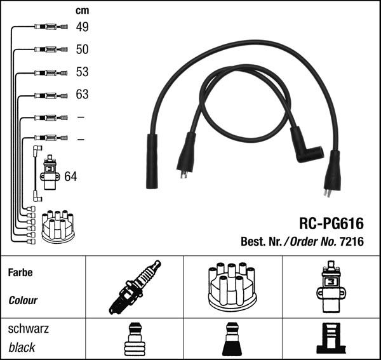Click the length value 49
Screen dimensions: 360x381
point(82,27)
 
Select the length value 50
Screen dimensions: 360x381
point(82,49)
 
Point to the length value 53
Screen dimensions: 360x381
point(82,72)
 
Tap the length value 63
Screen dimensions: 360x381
point(82,95)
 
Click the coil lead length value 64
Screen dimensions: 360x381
point(70,176)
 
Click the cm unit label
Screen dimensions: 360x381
point(82,10)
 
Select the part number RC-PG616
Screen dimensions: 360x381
point(332,223)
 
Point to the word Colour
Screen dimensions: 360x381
point(23,300)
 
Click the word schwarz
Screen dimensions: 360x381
point(28,329)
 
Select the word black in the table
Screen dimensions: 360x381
point(22,348)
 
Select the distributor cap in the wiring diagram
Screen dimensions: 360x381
point(58,225)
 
